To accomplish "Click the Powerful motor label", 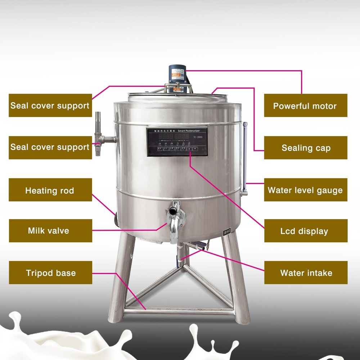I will point(305,105).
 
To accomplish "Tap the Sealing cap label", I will point(306,148).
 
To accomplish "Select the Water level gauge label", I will point(305,190).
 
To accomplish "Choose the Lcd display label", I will point(305,231).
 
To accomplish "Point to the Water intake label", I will point(306,273).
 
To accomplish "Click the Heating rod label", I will point(50,190).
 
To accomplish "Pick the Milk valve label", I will point(50,230).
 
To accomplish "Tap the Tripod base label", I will point(50,273).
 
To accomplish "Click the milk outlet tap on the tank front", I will point(175,220).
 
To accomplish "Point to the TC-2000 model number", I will point(198,137).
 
